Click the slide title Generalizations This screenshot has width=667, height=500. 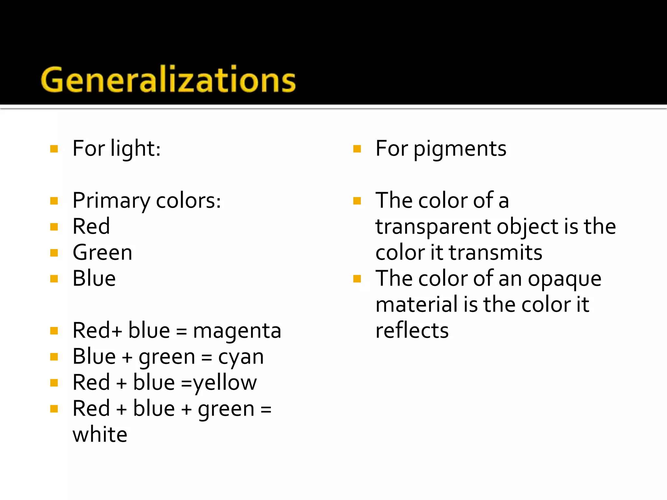pos(168,79)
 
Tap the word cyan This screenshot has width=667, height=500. pos(241,357)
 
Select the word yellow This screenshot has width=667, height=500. pos(225,383)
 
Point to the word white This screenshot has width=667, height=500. pos(100,435)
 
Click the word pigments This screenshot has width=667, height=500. pos(460,149)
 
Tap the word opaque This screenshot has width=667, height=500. pos(564,279)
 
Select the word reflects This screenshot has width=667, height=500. pos(412,331)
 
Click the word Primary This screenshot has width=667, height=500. pos(111,201)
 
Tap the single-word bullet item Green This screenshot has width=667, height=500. pos(103,253)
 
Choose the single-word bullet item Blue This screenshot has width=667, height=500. pos(94,279)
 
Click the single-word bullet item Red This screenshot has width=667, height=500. pos(91,227)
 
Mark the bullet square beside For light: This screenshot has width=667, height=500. pos(54,149)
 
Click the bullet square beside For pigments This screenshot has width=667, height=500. pos(357,149)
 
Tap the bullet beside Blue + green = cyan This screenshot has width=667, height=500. pos(54,357)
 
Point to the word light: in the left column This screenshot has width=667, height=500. pos(135,149)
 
